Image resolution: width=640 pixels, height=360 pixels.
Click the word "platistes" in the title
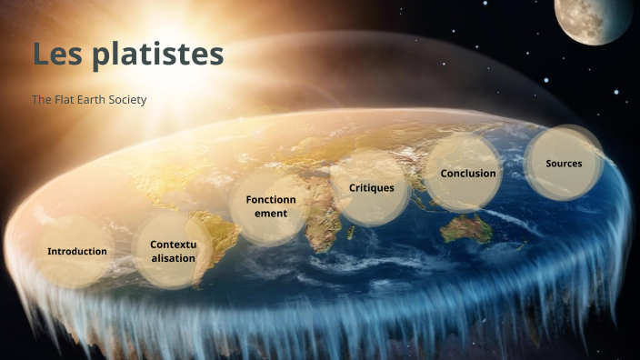(x=157, y=55)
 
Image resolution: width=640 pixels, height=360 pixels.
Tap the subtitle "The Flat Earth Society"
(x=89, y=99)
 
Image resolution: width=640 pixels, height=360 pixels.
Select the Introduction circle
(x=76, y=251)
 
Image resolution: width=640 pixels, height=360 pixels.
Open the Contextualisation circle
(x=173, y=251)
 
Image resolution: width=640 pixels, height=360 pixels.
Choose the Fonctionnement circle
(x=271, y=206)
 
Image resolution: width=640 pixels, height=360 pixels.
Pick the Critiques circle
(x=372, y=187)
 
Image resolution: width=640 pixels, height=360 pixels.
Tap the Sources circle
(x=564, y=164)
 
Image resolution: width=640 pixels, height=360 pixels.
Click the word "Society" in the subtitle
(x=126, y=99)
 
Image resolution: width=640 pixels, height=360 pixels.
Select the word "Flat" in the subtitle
(x=63, y=99)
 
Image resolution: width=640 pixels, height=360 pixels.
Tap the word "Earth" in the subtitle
(x=90, y=99)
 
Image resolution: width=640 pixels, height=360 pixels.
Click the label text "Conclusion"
(x=468, y=173)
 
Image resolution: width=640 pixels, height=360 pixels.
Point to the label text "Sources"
(x=564, y=164)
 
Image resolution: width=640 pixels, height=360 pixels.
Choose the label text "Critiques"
(x=372, y=187)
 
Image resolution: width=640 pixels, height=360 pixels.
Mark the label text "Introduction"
(x=77, y=251)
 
